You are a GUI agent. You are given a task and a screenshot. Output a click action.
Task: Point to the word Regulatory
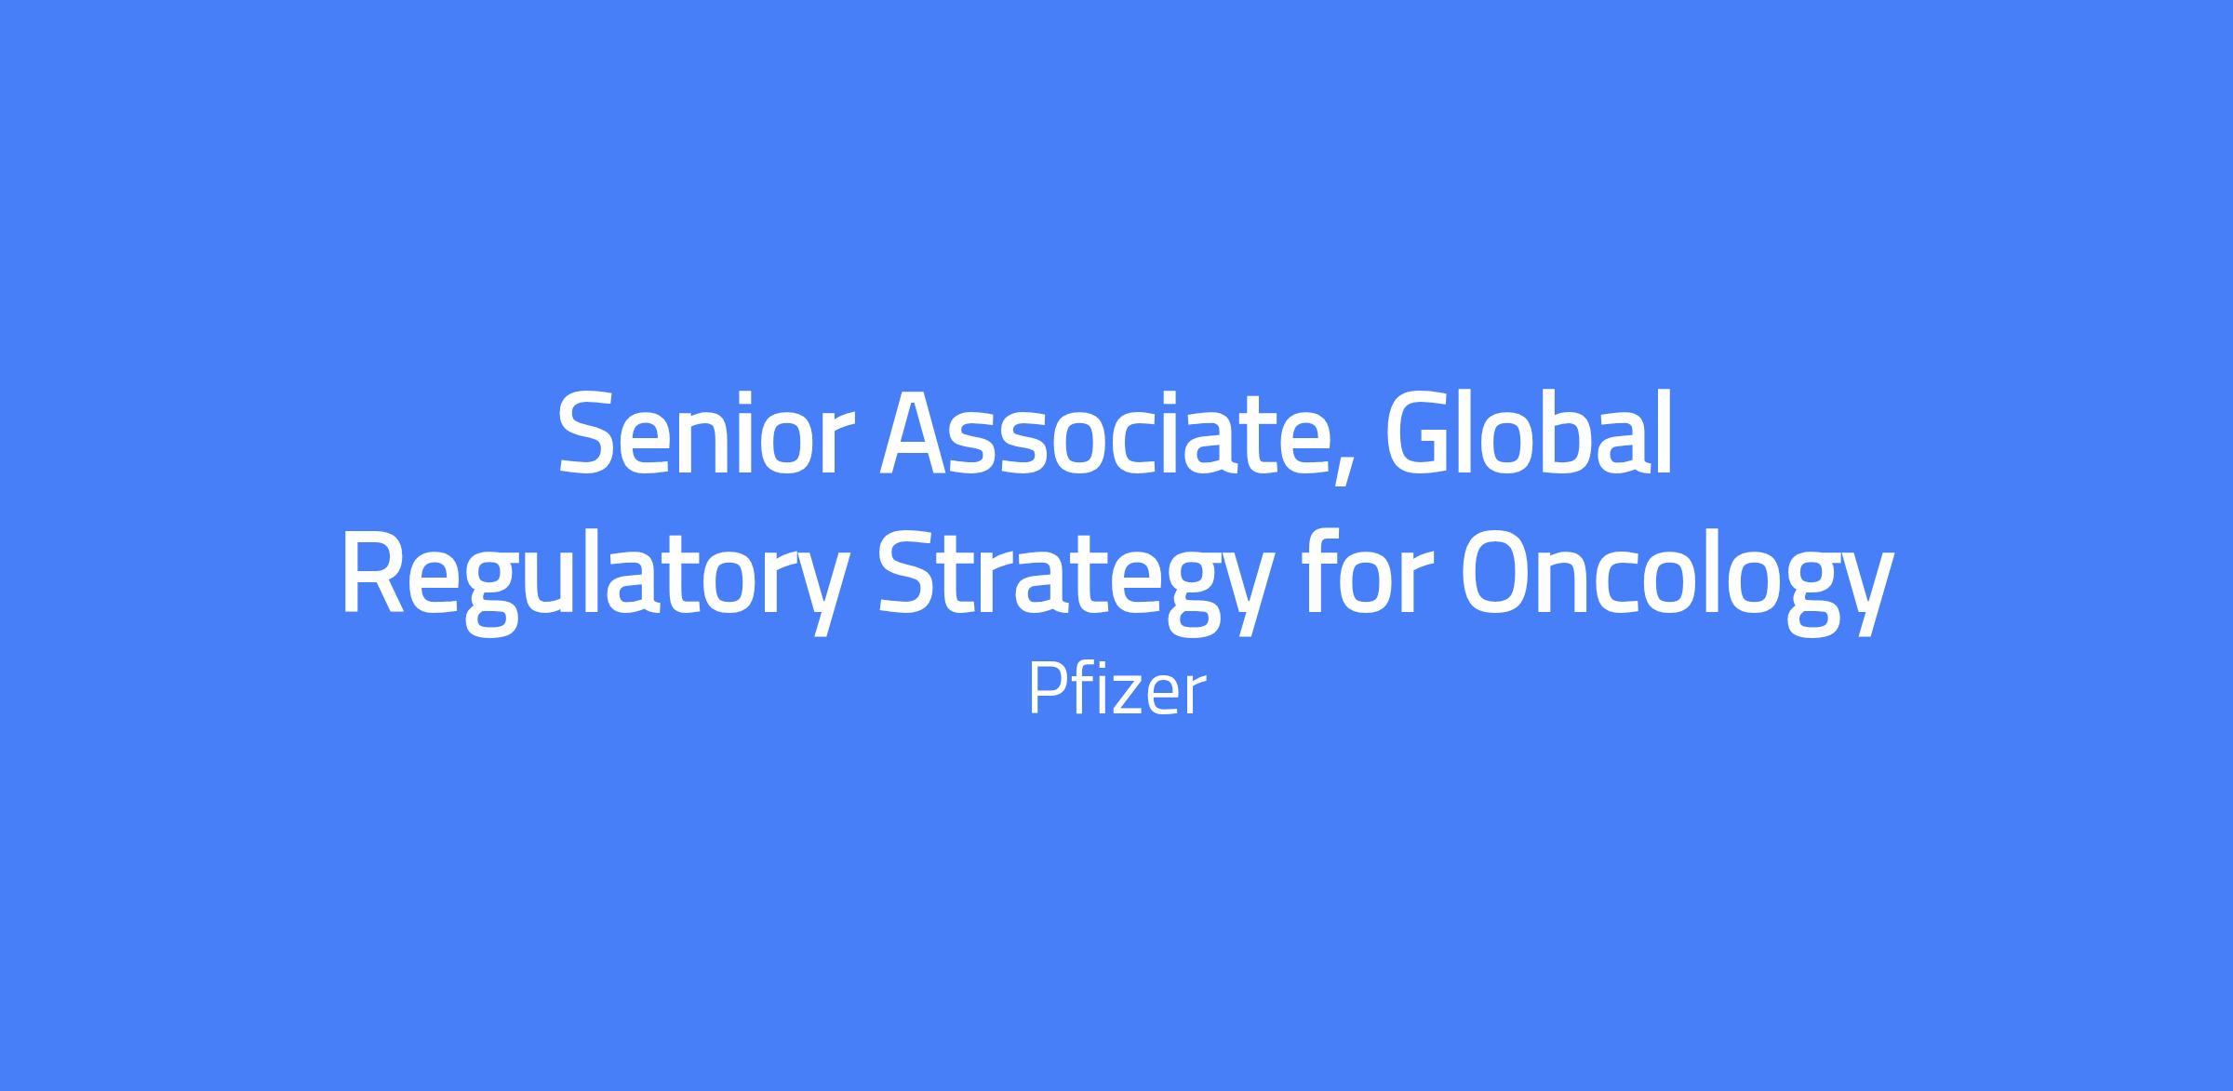[x=595, y=578]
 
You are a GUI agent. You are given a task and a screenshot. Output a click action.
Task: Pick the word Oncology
[x=1676, y=579]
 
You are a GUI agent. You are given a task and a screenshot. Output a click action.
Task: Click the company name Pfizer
[x=1116, y=690]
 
